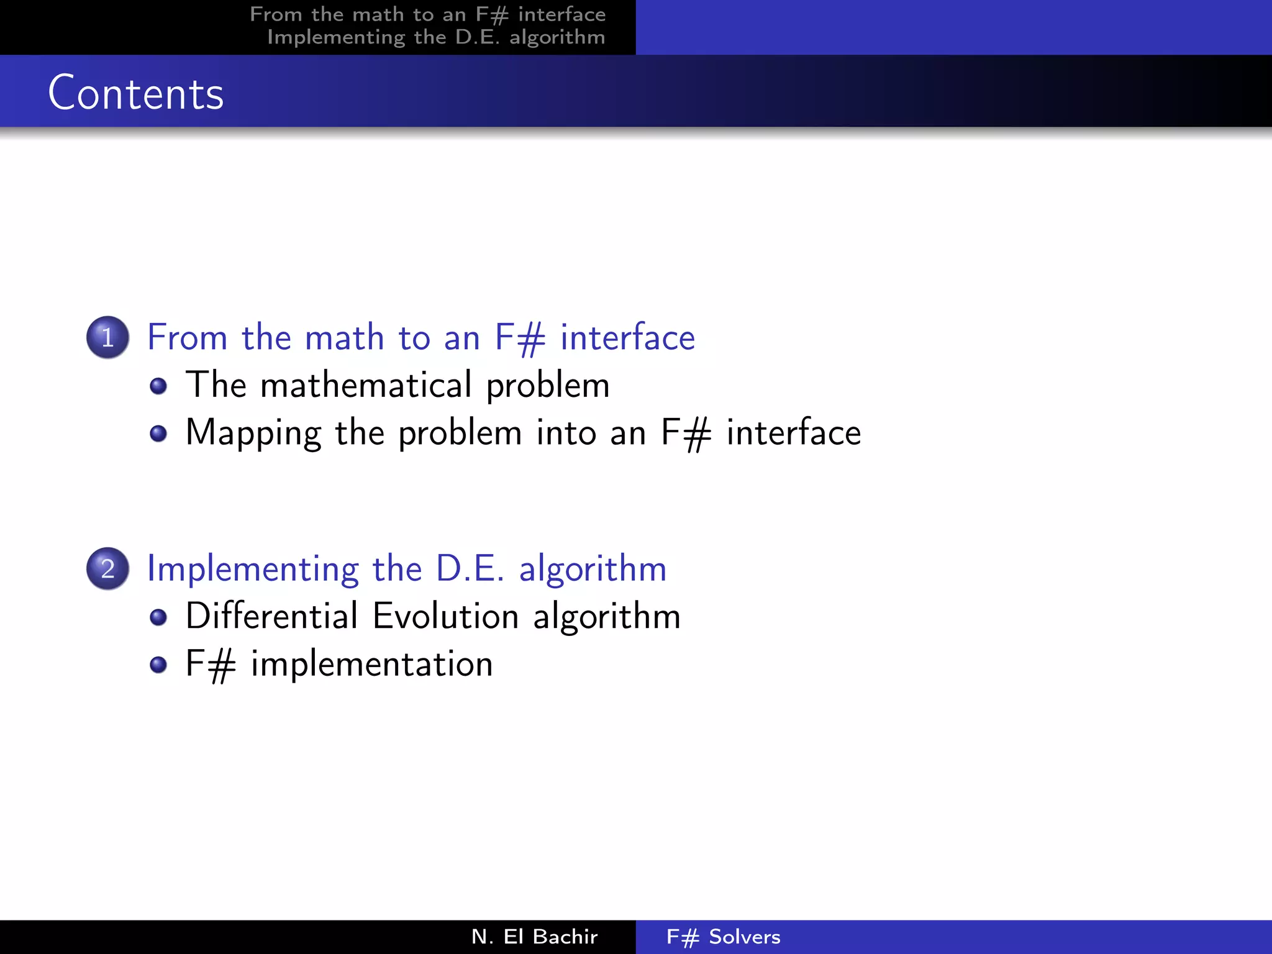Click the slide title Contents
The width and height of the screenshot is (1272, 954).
click(x=135, y=93)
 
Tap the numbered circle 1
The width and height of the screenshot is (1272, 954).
click(x=107, y=337)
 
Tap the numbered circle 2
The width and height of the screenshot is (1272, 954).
click(x=107, y=568)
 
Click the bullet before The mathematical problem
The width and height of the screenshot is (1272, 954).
click(x=158, y=386)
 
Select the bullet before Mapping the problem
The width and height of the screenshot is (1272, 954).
click(x=158, y=433)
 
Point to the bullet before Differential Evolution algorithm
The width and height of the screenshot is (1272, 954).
click(x=158, y=617)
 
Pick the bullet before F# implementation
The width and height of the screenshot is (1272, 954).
click(x=158, y=665)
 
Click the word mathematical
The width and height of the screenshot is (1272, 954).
click(x=366, y=385)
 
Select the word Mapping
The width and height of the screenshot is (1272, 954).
click(x=253, y=433)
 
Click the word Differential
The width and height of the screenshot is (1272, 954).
click(x=271, y=616)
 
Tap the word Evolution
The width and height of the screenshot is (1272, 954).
click(x=445, y=616)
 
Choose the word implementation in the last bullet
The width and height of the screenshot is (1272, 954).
click(x=371, y=664)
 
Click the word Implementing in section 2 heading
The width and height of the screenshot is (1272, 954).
click(x=253, y=569)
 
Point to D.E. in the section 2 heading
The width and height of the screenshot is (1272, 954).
click(x=470, y=568)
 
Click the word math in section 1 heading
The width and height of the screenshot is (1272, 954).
click(x=345, y=338)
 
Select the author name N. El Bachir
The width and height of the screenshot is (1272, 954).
click(x=534, y=937)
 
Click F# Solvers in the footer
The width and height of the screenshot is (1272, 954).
click(x=723, y=937)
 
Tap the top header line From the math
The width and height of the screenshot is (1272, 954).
click(x=427, y=14)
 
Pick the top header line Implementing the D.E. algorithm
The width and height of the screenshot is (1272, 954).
click(x=436, y=37)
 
